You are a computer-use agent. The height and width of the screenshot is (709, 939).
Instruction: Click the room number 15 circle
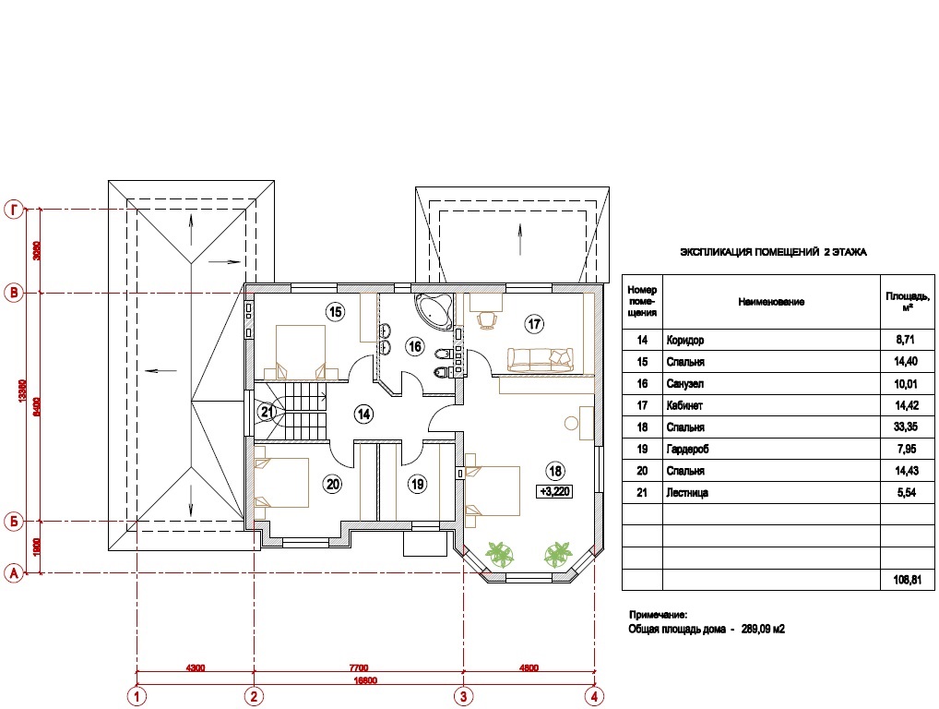[x=336, y=312]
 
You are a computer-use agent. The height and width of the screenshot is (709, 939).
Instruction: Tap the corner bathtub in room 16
[x=434, y=310]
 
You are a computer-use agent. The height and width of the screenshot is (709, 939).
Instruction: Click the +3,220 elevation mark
[x=555, y=491]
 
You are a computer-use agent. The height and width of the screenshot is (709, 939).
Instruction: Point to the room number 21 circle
[x=267, y=413]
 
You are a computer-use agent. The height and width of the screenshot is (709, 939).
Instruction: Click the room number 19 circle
[x=418, y=484]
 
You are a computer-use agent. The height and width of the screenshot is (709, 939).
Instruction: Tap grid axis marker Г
[x=14, y=210]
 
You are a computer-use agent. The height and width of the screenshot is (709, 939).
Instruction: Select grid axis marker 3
[x=463, y=696]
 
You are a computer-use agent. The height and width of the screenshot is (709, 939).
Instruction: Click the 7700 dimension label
[x=359, y=667]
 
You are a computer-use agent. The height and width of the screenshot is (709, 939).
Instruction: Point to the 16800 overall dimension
[x=365, y=680]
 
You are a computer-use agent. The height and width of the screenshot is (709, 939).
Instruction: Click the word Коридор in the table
[x=685, y=341]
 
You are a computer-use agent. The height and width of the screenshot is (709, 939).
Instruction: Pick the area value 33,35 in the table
[x=906, y=427]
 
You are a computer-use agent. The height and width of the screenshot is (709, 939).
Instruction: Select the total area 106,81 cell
[x=908, y=580]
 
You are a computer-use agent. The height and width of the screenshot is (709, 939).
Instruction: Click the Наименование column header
[x=771, y=302]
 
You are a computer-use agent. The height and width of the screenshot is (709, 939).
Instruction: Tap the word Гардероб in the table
[x=687, y=450]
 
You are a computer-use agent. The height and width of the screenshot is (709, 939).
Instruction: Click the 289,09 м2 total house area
[x=763, y=630]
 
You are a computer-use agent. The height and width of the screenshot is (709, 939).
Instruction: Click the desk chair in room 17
[x=487, y=320]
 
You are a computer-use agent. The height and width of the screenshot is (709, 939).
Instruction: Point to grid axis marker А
[x=14, y=573]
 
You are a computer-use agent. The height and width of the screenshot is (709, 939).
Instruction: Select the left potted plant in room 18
[x=499, y=554]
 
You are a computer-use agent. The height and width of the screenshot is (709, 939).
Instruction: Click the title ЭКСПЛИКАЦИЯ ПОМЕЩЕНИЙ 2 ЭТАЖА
[x=773, y=252]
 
